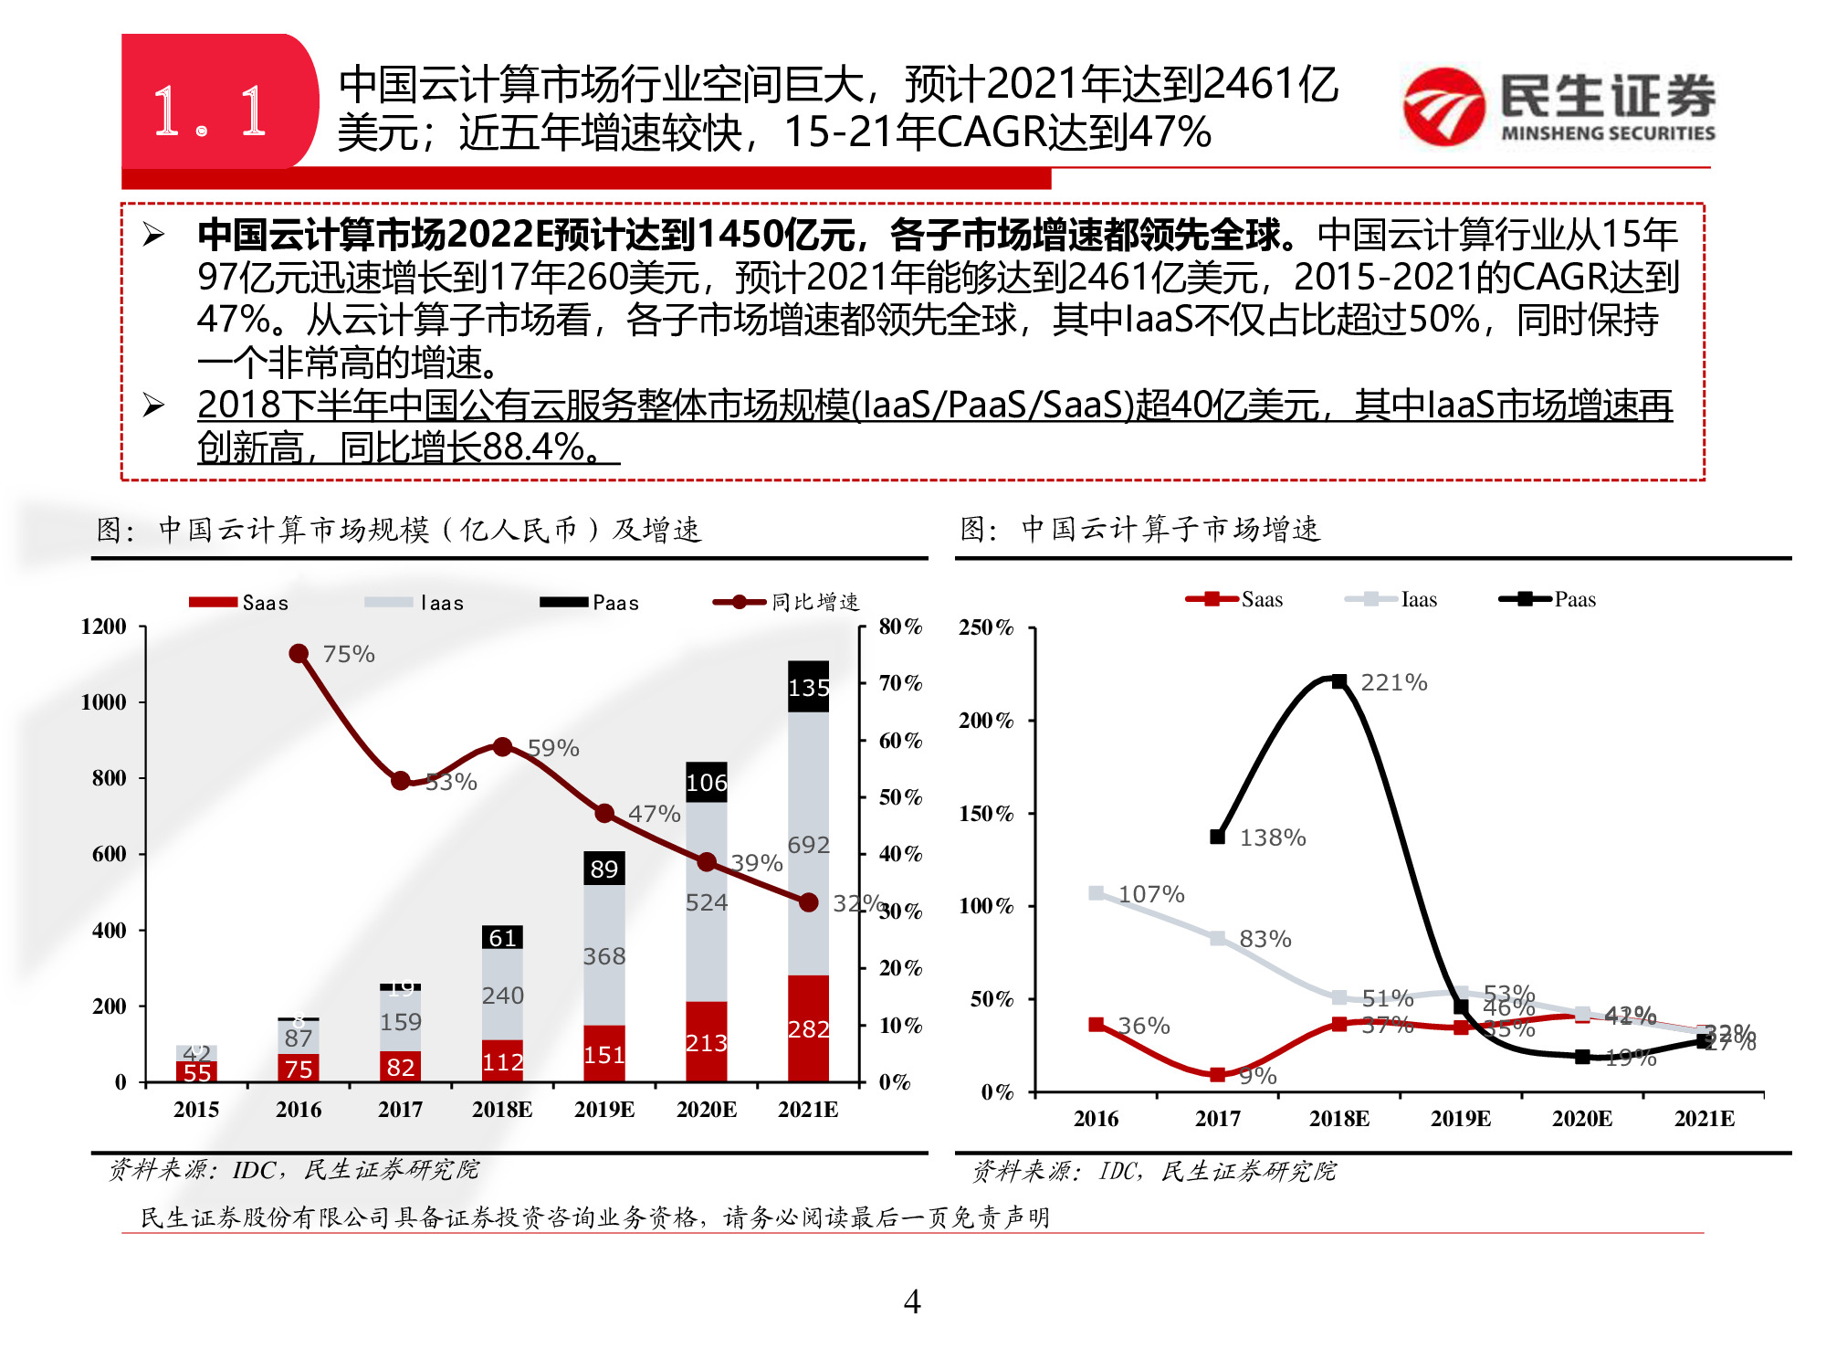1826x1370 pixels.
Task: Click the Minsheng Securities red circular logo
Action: pyautogui.click(x=1443, y=107)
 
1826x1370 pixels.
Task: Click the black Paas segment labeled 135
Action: pyautogui.click(x=808, y=687)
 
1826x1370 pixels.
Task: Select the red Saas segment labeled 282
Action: pyautogui.click(x=808, y=1028)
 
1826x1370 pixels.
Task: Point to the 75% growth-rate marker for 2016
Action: pyautogui.click(x=299, y=653)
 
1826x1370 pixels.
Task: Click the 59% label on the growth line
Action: pyautogui.click(x=553, y=748)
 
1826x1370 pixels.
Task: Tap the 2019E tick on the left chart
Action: pyautogui.click(x=603, y=1109)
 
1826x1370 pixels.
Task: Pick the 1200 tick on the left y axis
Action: pyautogui.click(x=104, y=627)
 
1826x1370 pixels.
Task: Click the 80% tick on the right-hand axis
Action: pyautogui.click(x=900, y=627)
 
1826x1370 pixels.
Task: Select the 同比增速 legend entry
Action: pyautogui.click(x=787, y=602)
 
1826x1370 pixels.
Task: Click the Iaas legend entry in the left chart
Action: pyautogui.click(x=415, y=602)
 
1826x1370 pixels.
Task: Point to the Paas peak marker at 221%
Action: pyautogui.click(x=1338, y=681)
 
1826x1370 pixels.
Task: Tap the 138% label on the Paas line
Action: pyautogui.click(x=1272, y=838)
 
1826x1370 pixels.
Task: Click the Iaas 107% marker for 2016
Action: pyautogui.click(x=1097, y=892)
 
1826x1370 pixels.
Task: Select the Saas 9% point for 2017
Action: pyautogui.click(x=1218, y=1075)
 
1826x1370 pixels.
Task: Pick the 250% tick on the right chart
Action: pyautogui.click(x=985, y=627)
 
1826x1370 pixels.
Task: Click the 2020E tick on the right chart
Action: pyautogui.click(x=1582, y=1118)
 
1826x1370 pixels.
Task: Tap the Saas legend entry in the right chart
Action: pyautogui.click(x=1236, y=599)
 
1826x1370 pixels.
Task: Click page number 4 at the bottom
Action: pyautogui.click(x=911, y=1301)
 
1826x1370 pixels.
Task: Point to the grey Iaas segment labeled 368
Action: pyautogui.click(x=603, y=955)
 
